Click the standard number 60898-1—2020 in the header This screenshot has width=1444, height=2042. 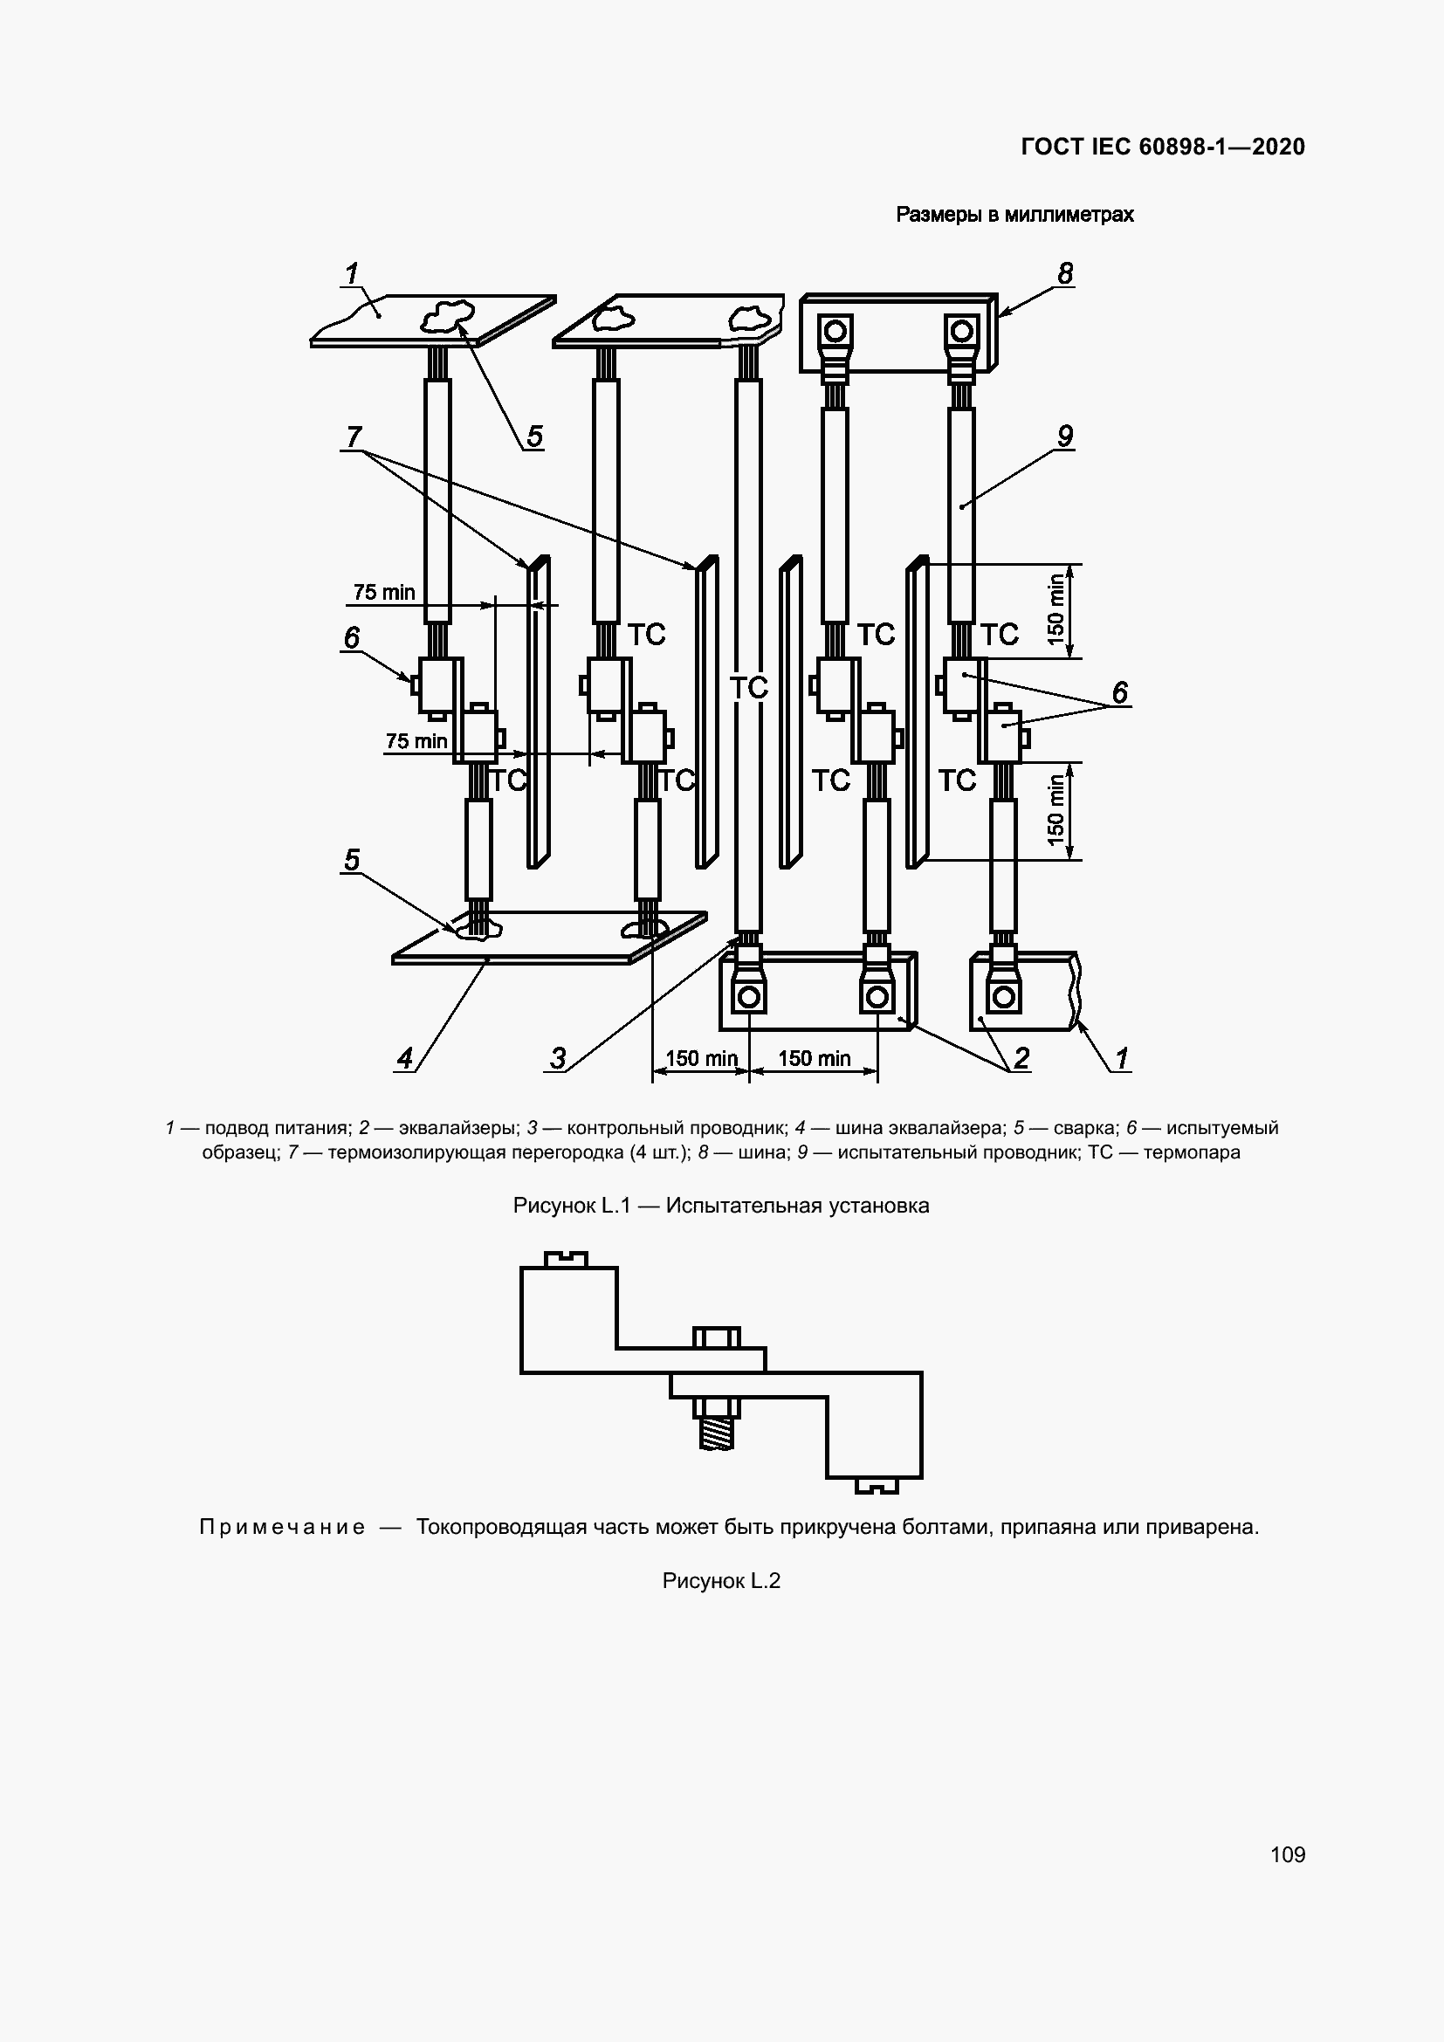[x=1221, y=147]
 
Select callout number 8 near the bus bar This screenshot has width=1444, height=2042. [x=1065, y=273]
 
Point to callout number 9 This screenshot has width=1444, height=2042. [x=1065, y=436]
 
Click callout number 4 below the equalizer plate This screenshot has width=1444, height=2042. [x=404, y=1058]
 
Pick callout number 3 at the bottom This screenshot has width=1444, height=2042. [x=558, y=1058]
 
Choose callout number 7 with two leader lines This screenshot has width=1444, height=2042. [x=354, y=437]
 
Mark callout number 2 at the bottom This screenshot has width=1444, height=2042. [x=1021, y=1057]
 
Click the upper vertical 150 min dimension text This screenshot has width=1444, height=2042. [x=1055, y=609]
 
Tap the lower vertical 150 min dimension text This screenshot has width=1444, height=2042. [x=1055, y=809]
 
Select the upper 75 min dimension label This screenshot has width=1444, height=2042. [x=384, y=591]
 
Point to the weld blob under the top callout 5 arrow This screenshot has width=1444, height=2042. [x=448, y=313]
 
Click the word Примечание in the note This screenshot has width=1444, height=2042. [x=282, y=1527]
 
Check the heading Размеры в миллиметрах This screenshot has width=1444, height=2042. [x=1014, y=215]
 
